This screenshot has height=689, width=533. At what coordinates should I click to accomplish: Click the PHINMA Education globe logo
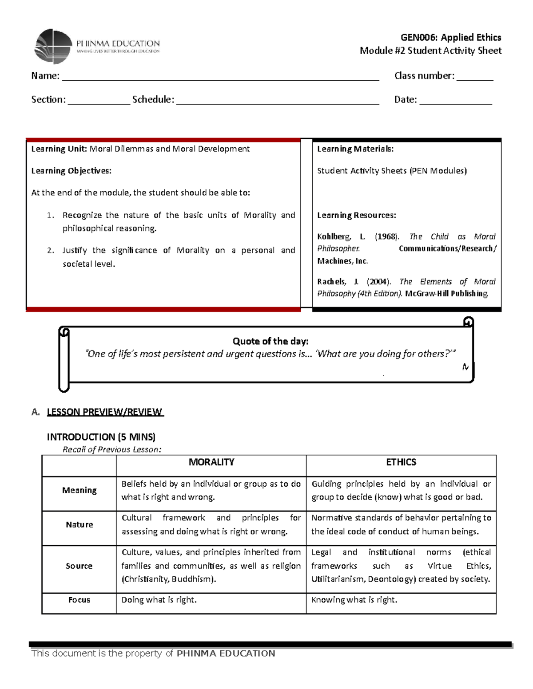[53, 47]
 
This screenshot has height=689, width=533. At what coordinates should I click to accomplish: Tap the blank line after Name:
[220, 77]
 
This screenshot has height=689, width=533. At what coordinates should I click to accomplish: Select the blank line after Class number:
[474, 77]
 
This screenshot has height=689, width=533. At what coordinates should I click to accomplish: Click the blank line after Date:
[455, 101]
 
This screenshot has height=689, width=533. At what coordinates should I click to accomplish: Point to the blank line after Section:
[99, 101]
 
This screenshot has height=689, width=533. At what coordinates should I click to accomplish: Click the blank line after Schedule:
[278, 101]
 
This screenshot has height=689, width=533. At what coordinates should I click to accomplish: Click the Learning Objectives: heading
[71, 171]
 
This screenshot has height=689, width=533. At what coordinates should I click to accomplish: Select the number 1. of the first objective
[51, 215]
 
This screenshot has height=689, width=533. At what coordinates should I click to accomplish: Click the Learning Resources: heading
[356, 215]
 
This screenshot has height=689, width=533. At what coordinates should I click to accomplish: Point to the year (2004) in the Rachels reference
[379, 282]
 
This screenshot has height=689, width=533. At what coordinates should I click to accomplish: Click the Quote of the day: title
[270, 341]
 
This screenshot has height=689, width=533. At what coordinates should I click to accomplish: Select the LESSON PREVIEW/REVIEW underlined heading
[105, 412]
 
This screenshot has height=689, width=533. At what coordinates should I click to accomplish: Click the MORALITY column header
[211, 462]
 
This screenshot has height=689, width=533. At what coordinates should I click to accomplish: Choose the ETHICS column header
[401, 462]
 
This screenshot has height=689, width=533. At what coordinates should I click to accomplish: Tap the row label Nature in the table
[79, 524]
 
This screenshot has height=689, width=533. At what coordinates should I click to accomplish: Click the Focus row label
[79, 600]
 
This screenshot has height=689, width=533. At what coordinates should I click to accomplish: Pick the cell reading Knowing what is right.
[354, 600]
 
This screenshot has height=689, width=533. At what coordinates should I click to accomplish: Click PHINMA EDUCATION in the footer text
[226, 653]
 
